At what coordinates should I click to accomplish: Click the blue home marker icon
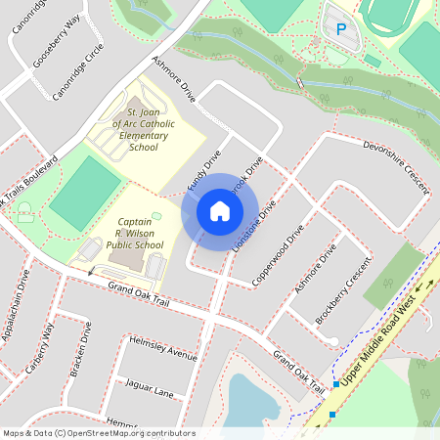coord(220,211)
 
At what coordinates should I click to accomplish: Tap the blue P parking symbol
coord(341,30)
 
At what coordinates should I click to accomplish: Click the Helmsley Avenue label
coord(162,348)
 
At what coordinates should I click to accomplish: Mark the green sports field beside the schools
coord(85,192)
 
